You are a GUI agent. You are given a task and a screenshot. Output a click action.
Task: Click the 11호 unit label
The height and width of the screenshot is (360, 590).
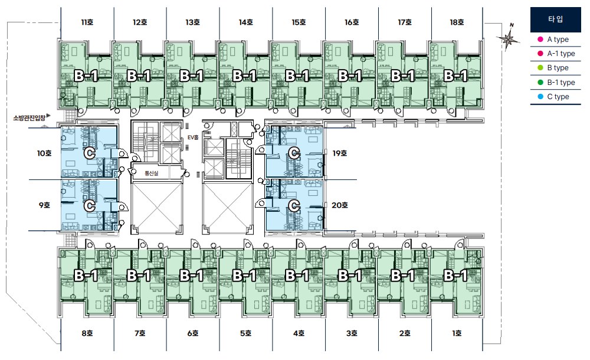pos(87,22)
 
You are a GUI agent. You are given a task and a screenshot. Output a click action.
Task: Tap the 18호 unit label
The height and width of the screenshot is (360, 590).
pos(457,22)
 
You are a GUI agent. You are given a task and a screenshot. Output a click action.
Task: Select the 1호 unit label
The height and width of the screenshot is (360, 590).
pos(457,333)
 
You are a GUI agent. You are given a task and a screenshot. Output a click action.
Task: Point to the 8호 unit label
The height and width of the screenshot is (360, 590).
pos(87,333)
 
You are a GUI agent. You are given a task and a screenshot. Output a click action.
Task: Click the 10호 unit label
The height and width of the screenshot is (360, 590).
pos(44,153)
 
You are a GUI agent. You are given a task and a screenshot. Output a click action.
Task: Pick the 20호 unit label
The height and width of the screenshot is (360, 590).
pos(339,205)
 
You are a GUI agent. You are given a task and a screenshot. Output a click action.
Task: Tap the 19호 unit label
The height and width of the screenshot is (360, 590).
pos(339,153)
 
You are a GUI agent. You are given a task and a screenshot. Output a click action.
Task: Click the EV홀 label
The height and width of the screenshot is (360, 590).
pos(193,138)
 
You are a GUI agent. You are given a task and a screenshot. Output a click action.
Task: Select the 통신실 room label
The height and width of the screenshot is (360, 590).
pos(151,174)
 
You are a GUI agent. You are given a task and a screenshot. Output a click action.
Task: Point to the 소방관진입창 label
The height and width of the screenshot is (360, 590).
pos(29,118)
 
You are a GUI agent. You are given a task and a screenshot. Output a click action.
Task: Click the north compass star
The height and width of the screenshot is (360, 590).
pos(508,38)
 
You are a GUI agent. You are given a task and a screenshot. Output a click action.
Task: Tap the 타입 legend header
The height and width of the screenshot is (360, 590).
pos(555,19)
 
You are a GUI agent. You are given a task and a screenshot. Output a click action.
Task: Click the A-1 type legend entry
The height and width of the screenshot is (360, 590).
pos(556,54)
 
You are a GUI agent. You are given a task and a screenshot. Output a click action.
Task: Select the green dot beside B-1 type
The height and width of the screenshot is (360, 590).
pos(540,83)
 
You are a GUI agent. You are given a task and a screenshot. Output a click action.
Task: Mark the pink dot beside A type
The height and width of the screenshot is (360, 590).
pos(540,39)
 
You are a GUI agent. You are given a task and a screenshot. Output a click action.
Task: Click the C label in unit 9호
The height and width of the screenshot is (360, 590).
pos(90,206)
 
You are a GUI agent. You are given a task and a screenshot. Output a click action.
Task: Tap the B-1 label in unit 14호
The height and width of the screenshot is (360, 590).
pos(245,76)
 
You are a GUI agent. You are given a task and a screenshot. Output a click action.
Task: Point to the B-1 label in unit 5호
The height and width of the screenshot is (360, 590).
pos(245,276)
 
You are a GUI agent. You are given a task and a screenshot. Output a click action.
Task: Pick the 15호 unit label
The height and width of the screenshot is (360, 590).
pos(299,22)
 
